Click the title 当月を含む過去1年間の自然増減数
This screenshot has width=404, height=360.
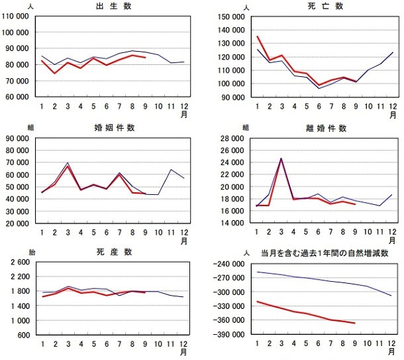coord(324,253)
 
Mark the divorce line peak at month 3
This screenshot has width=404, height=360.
coord(281,158)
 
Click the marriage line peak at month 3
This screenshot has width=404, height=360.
coord(68,163)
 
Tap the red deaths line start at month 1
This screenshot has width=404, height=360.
coord(258,36)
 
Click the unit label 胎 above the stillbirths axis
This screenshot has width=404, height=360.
coord(30,253)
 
